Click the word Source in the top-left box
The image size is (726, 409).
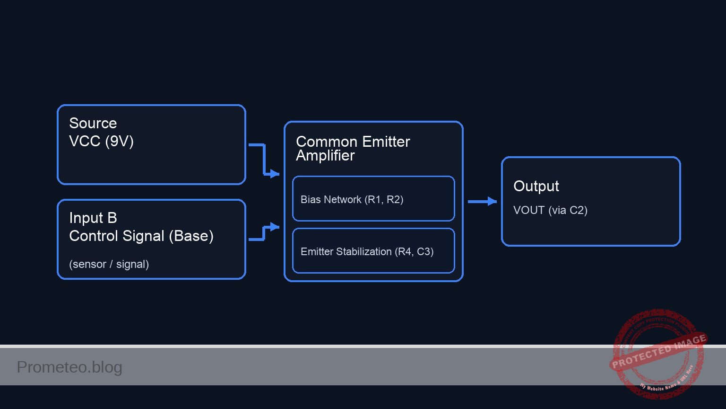(x=93, y=123)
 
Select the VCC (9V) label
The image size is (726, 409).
(x=101, y=141)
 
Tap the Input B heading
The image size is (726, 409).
(x=93, y=218)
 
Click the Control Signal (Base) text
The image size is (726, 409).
(x=141, y=236)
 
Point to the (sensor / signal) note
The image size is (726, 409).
(x=109, y=264)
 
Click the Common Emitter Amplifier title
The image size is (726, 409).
(x=353, y=148)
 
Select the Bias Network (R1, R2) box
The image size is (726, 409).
(x=373, y=199)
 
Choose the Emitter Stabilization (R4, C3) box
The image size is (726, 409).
(x=373, y=251)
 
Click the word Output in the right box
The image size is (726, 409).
(x=536, y=186)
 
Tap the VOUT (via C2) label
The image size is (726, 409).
(x=550, y=210)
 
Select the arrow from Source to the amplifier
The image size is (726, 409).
(x=264, y=160)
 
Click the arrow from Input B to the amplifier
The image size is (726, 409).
(x=264, y=233)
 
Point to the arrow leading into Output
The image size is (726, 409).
(x=482, y=202)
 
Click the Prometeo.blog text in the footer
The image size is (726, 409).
(x=69, y=367)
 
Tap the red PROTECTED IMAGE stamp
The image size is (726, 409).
(x=658, y=353)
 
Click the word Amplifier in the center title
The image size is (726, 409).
(x=325, y=156)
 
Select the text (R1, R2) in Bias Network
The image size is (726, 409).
(x=383, y=199)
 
